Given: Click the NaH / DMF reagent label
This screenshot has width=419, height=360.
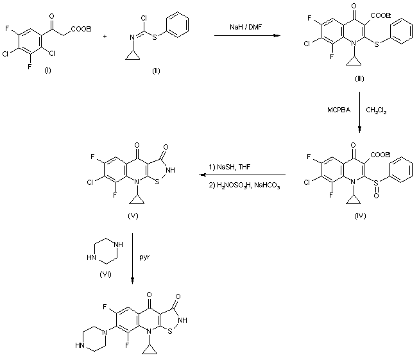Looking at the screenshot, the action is [x=246, y=27].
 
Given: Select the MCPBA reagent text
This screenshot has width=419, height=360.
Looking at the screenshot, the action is [x=339, y=110].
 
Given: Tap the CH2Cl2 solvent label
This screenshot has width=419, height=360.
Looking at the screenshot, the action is [x=376, y=110].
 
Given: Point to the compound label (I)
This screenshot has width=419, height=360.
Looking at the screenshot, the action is [x=47, y=71].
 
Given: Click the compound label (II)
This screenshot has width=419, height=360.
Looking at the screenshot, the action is [x=156, y=71].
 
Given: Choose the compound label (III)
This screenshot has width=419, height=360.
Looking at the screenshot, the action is [x=359, y=78].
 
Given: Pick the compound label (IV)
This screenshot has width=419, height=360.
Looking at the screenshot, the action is [x=360, y=216].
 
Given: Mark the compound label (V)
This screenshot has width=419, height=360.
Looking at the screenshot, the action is [x=133, y=216].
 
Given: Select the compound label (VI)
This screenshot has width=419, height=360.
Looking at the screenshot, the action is [x=105, y=274].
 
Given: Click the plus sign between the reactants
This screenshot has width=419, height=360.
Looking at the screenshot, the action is [x=105, y=36].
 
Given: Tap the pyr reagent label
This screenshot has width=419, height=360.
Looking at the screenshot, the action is [x=144, y=257].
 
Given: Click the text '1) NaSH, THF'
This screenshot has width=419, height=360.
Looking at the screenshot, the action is [x=229, y=167].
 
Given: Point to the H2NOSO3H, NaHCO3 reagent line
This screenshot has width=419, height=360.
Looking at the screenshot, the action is [x=244, y=185].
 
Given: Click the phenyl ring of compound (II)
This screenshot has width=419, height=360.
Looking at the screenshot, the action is [x=177, y=24].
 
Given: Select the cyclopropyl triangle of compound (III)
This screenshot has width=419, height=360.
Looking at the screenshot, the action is [x=354, y=61].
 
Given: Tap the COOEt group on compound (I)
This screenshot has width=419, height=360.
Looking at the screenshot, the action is [x=81, y=29].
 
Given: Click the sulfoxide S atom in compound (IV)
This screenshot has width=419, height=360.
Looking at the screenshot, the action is [x=376, y=183].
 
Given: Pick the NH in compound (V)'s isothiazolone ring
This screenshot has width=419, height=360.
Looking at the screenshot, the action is [x=170, y=170].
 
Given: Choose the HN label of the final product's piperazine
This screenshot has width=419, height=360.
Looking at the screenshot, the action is [x=80, y=345].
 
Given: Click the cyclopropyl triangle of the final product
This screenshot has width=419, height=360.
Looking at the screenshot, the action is [x=149, y=350].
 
